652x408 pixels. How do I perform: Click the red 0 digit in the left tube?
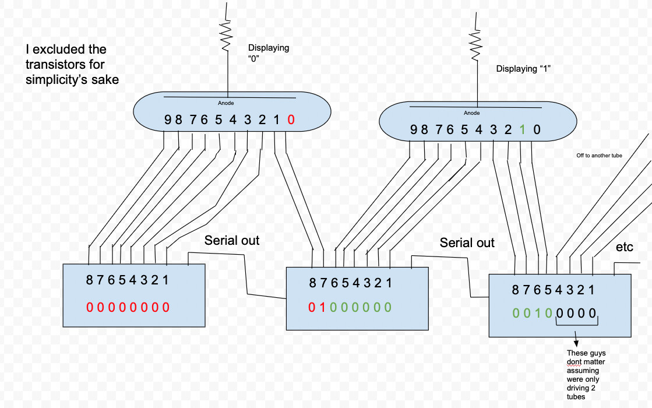[x=291, y=120]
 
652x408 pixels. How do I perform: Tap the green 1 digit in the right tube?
[x=522, y=130]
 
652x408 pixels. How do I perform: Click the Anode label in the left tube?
[x=226, y=103]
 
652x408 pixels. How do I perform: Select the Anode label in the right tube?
[x=471, y=113]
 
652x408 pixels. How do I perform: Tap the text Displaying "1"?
[x=523, y=69]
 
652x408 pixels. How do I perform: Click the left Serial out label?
[x=232, y=240]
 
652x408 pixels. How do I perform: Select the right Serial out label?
[x=467, y=243]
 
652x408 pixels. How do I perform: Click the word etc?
[x=624, y=247]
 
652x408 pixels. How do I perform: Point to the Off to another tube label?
[x=599, y=156]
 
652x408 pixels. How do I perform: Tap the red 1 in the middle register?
[x=322, y=307]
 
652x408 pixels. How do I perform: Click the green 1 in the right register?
[x=537, y=313]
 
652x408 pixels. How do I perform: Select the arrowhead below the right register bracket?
[x=576, y=343]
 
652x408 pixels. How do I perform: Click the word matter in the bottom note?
[x=595, y=362]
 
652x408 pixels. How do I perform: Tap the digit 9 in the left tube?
[x=168, y=120]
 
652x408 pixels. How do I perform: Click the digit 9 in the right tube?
[x=413, y=130]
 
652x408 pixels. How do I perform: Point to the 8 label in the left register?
[x=89, y=280]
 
